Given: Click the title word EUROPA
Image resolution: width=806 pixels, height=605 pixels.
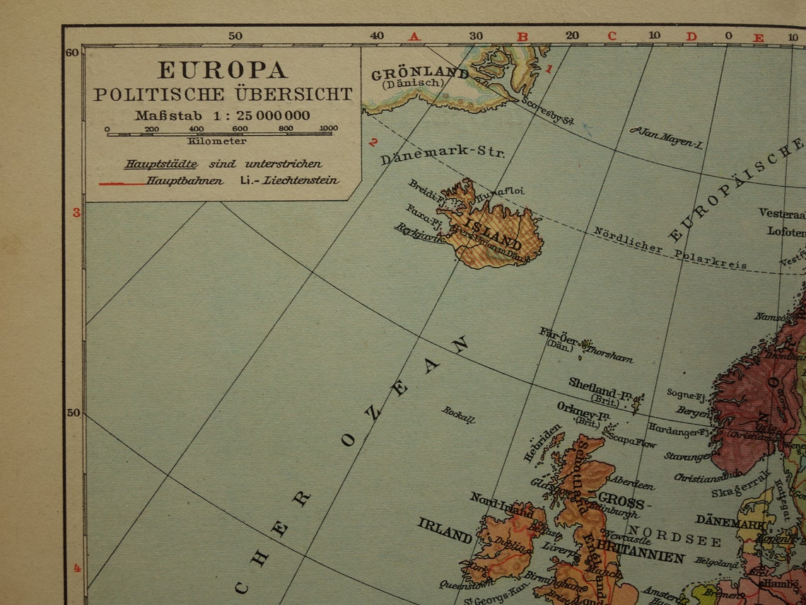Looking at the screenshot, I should point(222,69).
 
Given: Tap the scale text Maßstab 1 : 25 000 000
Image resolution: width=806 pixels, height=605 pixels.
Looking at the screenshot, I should point(223,115).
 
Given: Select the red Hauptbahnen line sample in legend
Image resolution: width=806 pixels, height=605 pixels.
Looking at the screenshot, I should point(122,183).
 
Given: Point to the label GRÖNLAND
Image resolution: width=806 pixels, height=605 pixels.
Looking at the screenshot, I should point(419,74).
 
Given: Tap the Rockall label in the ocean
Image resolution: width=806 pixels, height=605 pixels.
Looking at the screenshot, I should point(459,414).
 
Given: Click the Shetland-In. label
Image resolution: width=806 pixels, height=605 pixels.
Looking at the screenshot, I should point(600,388).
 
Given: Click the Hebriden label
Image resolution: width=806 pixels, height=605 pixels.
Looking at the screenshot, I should point(542,443).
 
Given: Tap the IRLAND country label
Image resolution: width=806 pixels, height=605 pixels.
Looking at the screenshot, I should point(445,530).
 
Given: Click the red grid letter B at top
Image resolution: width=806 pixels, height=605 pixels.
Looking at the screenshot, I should point(522,36).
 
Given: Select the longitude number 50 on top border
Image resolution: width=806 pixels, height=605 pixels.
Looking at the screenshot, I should point(235,35).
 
